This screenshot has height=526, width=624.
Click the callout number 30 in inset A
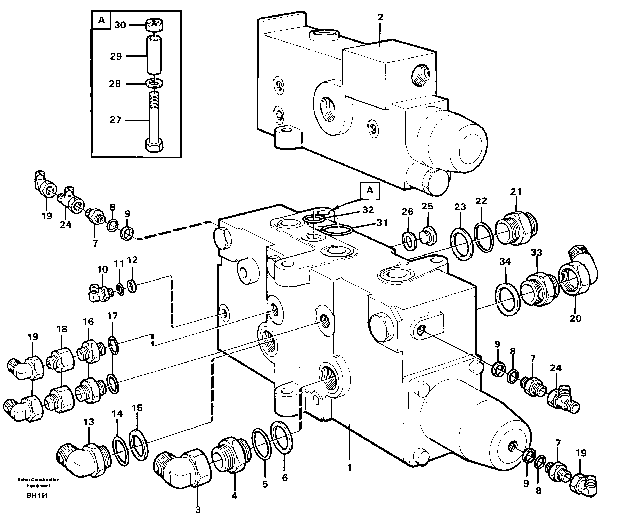click(120, 25)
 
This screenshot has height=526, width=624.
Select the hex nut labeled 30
click(154, 25)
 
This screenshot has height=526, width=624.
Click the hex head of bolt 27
click(154, 145)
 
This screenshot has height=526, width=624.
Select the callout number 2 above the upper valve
click(380, 17)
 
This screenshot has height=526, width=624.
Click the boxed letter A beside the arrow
click(370, 190)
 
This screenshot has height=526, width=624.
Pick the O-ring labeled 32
click(314, 219)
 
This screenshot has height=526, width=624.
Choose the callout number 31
click(382, 223)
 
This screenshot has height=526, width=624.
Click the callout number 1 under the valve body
click(349, 467)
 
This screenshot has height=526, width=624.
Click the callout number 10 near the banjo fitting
click(103, 269)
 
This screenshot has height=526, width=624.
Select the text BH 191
click(37, 495)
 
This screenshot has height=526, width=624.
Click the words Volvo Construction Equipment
click(38, 482)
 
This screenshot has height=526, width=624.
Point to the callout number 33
click(536, 253)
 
